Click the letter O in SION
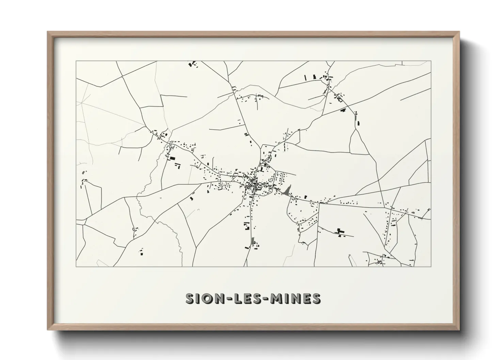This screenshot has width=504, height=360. pyautogui.click(x=206, y=298)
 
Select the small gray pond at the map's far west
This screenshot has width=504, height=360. pyautogui.click(x=84, y=172)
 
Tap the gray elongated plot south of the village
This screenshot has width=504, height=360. pyautogui.click(x=252, y=242)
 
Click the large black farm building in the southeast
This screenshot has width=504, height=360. pyautogui.click(x=339, y=231)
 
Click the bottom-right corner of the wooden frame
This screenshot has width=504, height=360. pyautogui.click(x=459, y=329)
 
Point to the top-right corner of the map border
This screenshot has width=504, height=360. pyautogui.click(x=431, y=61)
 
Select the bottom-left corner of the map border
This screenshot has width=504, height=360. pyautogui.click(x=76, y=266)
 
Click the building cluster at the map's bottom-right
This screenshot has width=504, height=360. pyautogui.click(x=380, y=261)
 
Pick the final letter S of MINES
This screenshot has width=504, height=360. pyautogui.click(x=316, y=298)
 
